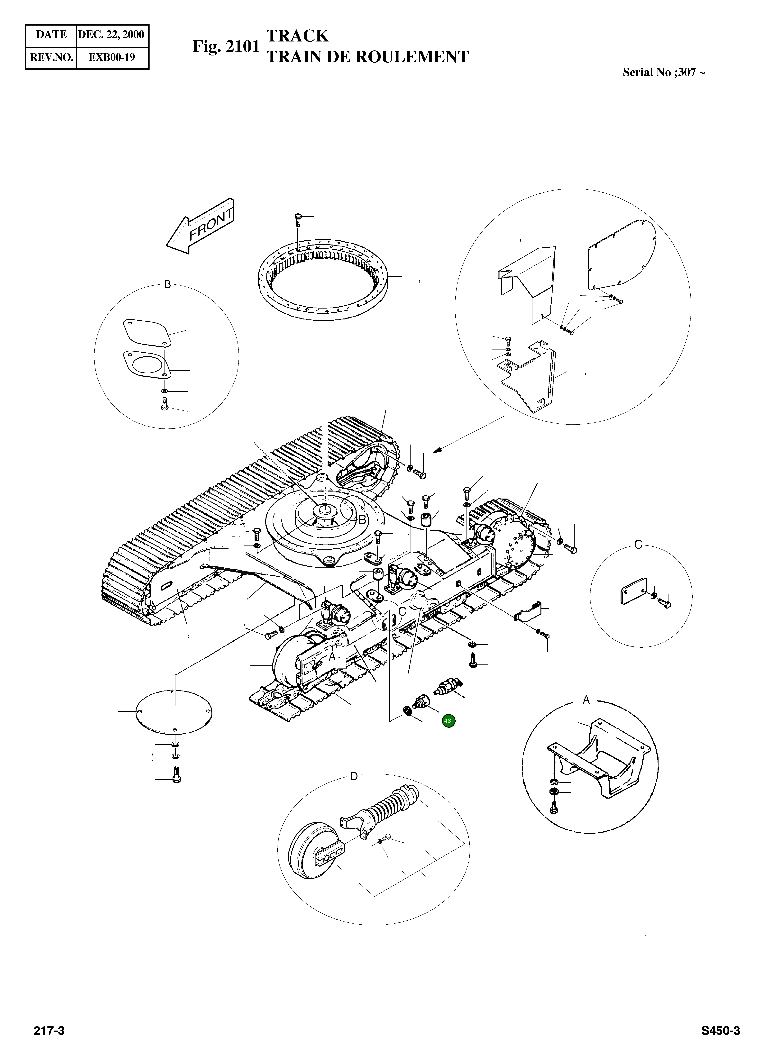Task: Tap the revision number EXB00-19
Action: (112, 57)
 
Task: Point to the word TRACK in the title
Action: (297, 36)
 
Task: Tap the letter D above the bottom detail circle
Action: (354, 777)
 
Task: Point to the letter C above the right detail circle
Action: (638, 544)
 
